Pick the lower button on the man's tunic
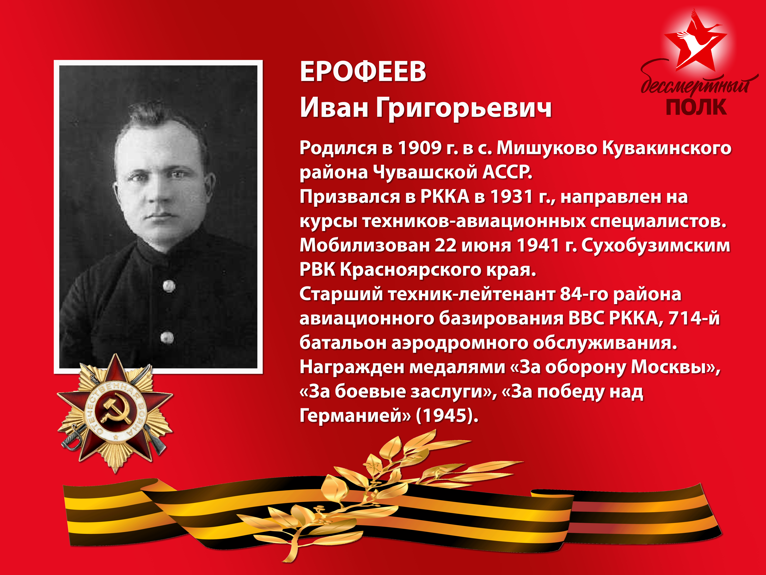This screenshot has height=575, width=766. tap(167, 337)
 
